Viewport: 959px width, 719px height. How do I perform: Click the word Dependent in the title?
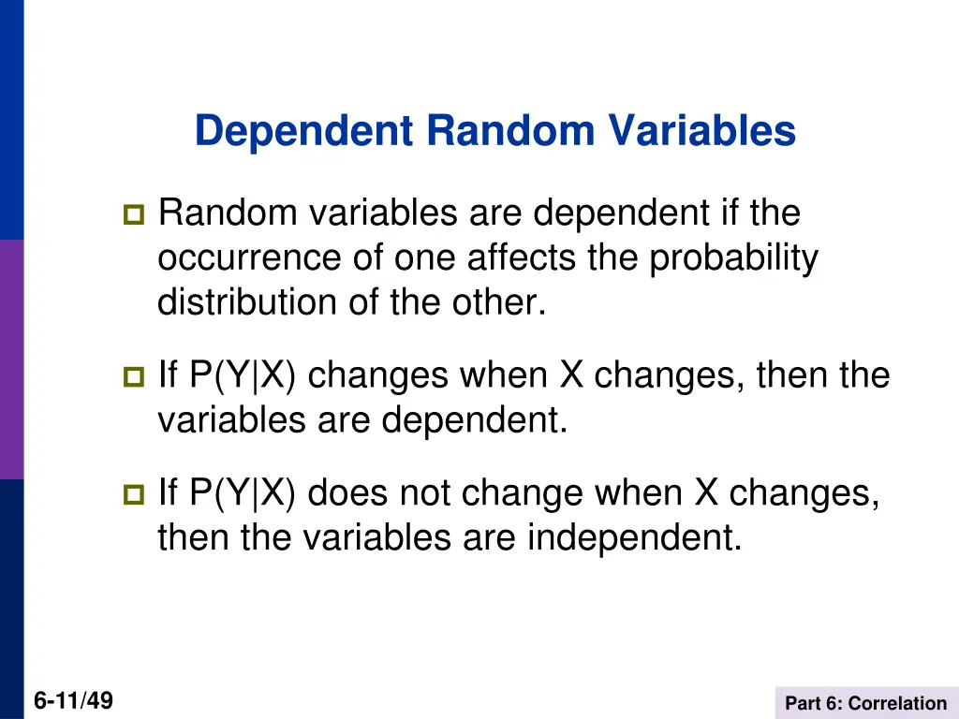click(304, 131)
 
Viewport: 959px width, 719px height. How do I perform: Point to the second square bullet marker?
click(131, 378)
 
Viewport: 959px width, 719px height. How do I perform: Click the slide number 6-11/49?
click(73, 700)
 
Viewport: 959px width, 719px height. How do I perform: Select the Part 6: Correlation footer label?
click(865, 703)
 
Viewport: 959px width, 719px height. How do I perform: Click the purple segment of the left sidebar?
click(11, 359)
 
